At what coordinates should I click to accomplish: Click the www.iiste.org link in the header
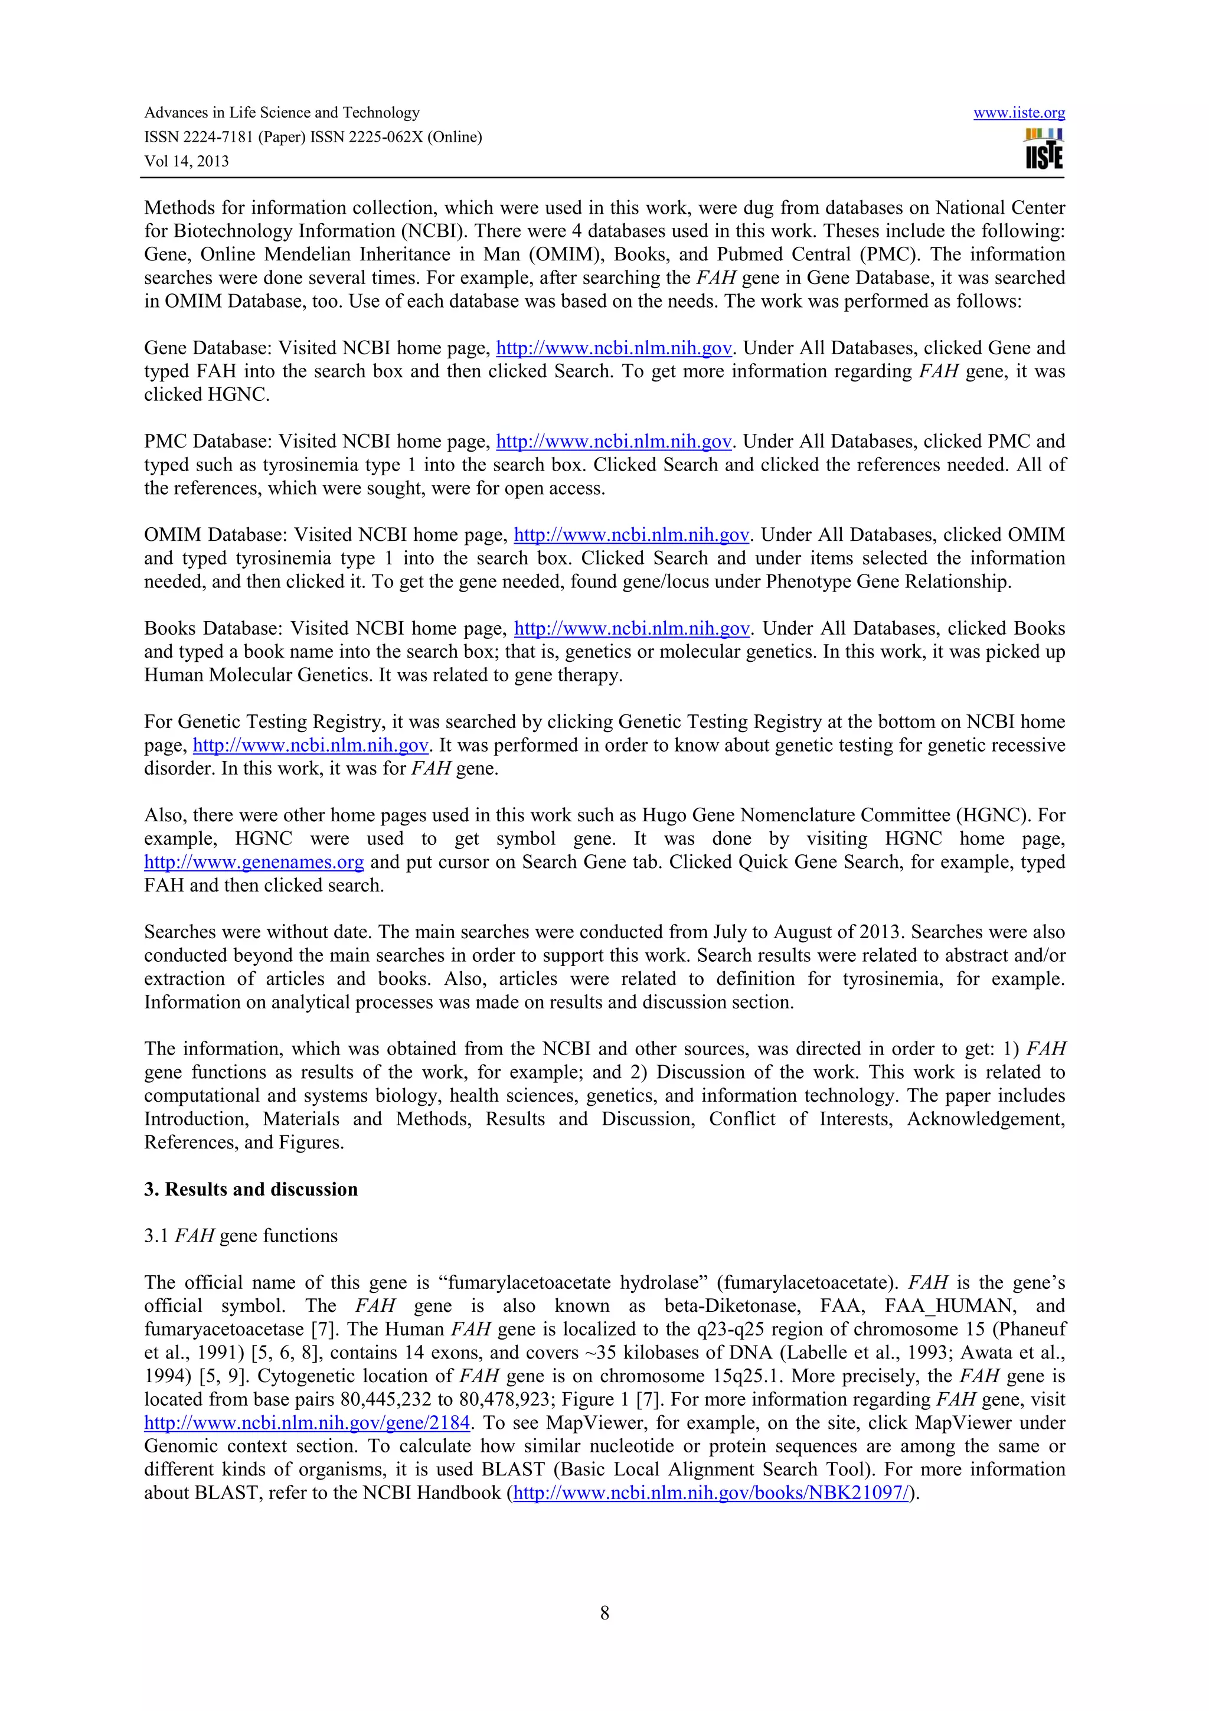(1018, 113)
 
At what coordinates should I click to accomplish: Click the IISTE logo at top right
(1044, 149)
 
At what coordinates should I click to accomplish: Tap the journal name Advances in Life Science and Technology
(282, 113)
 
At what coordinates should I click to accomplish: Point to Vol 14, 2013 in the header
(186, 161)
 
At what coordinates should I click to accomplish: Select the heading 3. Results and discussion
(251, 1188)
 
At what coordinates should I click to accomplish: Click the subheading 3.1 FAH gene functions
(241, 1236)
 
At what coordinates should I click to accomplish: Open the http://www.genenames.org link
(254, 862)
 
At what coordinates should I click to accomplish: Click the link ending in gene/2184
(307, 1423)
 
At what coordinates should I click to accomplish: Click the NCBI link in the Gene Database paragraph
(614, 348)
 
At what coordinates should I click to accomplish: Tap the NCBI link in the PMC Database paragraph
(614, 441)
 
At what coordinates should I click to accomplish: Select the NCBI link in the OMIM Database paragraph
(632, 535)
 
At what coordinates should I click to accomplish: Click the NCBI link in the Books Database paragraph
(632, 628)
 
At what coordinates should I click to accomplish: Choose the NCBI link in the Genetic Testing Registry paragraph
(311, 745)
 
